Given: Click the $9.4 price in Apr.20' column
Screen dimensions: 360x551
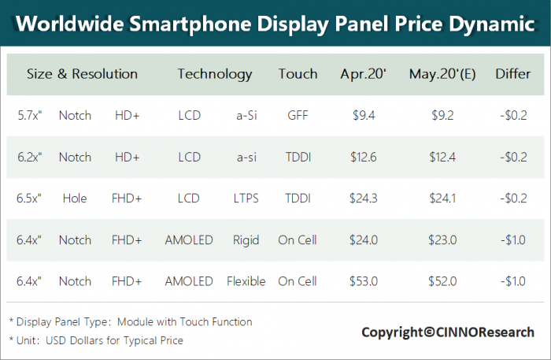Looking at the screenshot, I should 364,116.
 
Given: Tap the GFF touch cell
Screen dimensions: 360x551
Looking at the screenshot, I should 298,116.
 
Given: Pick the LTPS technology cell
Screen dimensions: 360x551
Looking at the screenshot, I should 246,199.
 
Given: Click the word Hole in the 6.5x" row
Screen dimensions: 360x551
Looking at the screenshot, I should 75,199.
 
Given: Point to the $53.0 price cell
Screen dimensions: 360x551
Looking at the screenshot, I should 364,281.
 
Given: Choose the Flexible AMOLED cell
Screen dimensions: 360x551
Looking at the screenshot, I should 246,281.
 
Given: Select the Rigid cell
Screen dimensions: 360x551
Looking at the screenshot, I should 246,240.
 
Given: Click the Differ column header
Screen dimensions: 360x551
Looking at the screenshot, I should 513,74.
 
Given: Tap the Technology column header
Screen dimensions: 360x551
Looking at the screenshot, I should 215,74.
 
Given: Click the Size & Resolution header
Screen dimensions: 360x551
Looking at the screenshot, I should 82,74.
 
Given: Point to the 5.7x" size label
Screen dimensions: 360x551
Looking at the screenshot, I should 30,116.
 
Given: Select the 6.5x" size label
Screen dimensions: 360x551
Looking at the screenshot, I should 30,199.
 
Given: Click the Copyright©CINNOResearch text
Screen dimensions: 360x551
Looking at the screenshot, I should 447,332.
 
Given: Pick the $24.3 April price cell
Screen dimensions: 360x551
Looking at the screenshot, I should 364,199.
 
